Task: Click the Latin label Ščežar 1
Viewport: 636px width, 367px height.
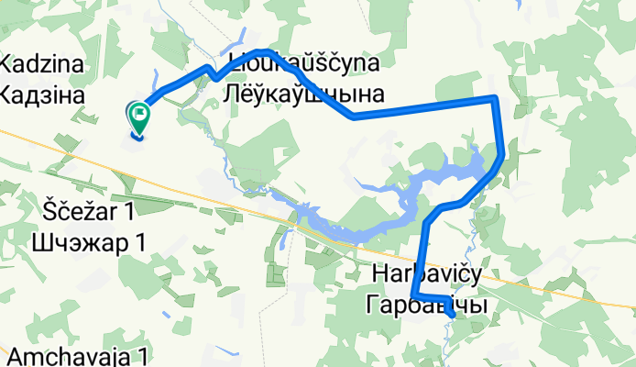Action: click(x=89, y=213)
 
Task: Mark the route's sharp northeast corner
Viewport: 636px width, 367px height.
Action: click(x=495, y=97)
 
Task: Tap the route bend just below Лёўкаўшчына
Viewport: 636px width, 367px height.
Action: click(x=353, y=117)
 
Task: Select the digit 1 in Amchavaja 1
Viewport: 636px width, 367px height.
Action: click(x=145, y=355)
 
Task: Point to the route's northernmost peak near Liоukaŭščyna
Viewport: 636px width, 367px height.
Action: click(x=262, y=51)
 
